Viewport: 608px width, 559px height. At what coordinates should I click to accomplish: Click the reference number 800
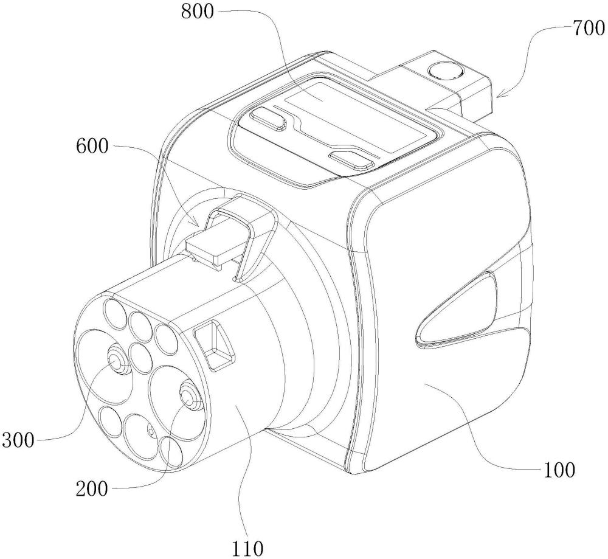198,12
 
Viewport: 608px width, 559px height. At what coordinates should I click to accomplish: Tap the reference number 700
588,29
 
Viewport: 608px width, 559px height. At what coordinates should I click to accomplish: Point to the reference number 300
18,440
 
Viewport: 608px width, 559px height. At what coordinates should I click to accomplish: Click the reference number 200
92,489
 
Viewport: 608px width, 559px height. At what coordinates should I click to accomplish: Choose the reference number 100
559,470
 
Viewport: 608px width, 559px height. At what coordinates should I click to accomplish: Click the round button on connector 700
444,71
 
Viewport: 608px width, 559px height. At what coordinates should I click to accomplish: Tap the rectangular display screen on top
360,116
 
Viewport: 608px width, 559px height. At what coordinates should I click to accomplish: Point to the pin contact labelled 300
116,361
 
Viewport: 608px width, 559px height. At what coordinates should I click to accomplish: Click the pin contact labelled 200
190,397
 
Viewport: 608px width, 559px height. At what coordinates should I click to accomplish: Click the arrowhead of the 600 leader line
196,222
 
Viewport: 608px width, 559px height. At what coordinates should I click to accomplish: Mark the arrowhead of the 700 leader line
499,94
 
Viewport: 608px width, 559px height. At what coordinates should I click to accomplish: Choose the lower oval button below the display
351,159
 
